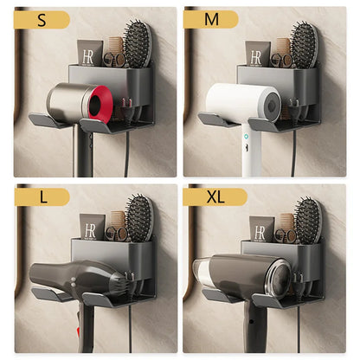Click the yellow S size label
point(42,21)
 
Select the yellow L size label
point(42,197)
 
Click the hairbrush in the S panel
point(137,43)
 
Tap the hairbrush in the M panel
point(303,43)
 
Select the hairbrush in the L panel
point(138,220)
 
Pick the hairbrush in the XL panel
point(307,220)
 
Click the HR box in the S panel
point(90,54)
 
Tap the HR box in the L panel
point(92,228)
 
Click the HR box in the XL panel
point(261,229)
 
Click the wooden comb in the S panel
point(114,48)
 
